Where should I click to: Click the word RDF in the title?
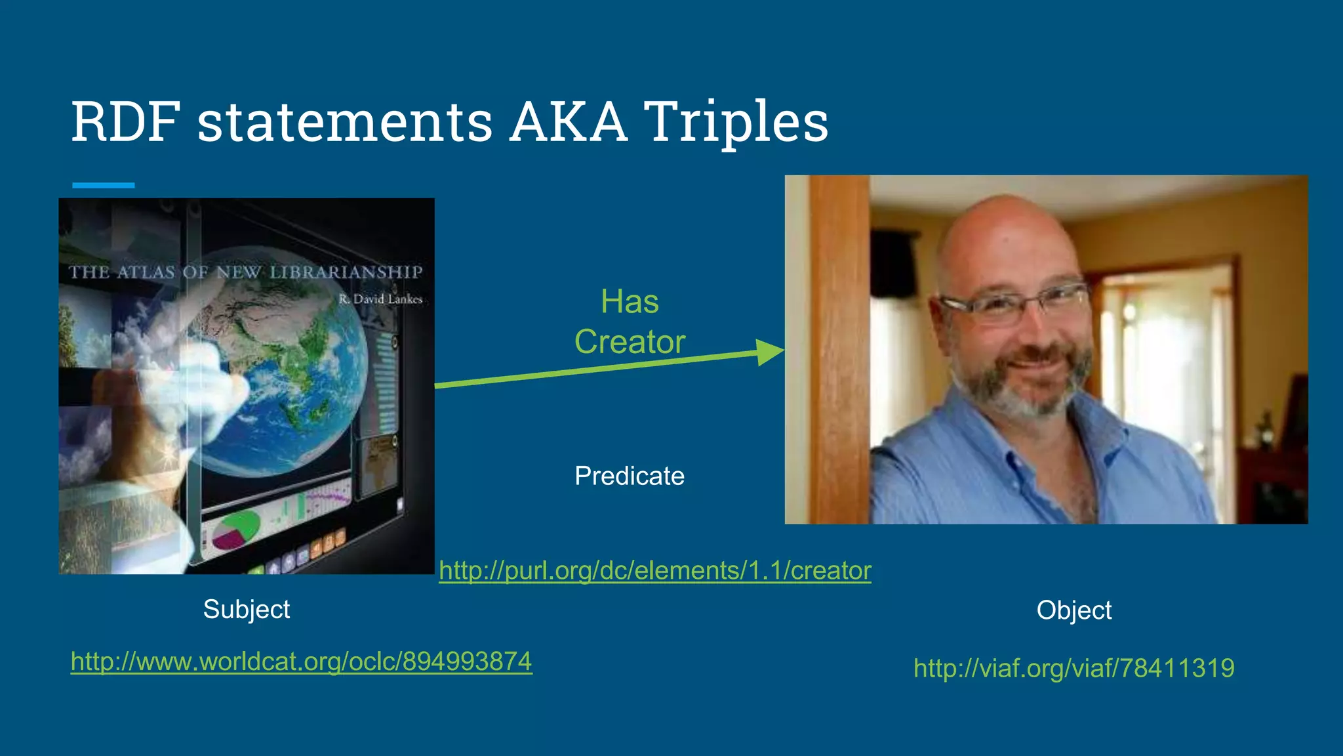point(125,122)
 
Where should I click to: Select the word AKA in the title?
point(568,122)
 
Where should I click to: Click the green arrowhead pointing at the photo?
point(769,352)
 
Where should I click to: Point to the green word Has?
point(630,302)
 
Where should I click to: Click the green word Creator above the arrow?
point(630,342)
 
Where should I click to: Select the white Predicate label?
point(630,476)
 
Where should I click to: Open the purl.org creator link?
point(654,570)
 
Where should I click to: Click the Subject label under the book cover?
point(247,609)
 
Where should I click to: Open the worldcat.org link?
point(301,661)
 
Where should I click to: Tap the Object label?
point(1073,610)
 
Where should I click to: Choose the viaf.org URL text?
point(1073,668)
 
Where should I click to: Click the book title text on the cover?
point(246,272)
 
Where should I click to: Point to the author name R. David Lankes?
point(380,299)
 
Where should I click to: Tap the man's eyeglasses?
point(1013,303)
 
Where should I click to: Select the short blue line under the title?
point(103,186)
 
